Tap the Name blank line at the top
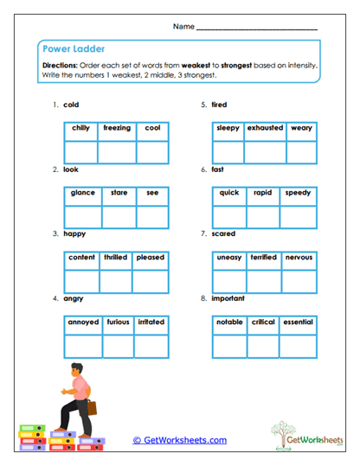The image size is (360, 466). (x=257, y=29)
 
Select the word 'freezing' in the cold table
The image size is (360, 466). (x=117, y=128)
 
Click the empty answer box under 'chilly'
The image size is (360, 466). (x=80, y=150)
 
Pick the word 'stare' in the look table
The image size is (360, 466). (x=119, y=193)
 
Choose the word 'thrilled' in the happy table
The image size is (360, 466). (x=115, y=258)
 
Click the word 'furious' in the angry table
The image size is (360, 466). (x=118, y=322)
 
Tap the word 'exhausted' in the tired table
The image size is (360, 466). (x=265, y=128)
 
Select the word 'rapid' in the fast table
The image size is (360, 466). (x=262, y=193)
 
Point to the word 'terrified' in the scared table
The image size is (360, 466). (x=263, y=258)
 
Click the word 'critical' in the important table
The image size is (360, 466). (x=263, y=322)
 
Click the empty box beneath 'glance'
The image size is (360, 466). (x=83, y=216)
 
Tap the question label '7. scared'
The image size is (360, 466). (x=217, y=233)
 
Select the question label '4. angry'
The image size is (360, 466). (x=68, y=298)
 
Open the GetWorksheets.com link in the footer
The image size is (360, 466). (x=179, y=440)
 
